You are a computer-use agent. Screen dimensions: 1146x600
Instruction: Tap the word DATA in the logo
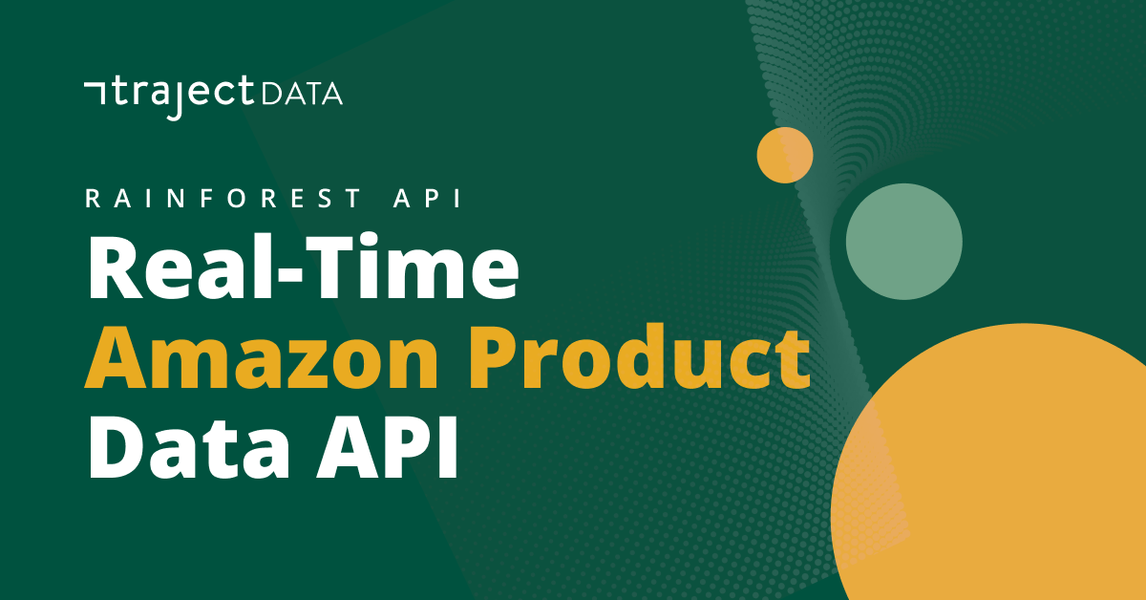point(302,95)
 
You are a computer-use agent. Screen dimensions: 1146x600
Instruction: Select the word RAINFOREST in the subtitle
point(223,198)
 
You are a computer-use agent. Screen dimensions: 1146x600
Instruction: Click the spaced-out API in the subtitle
point(428,198)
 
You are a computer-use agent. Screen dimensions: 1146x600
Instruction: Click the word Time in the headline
point(414,267)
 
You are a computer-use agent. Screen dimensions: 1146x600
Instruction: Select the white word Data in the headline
point(189,446)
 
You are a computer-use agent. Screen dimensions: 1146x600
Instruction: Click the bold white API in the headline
point(387,446)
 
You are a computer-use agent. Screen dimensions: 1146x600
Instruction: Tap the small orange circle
point(785,155)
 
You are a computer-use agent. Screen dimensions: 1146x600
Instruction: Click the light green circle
point(904,242)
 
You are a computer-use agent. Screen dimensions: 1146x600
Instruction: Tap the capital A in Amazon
point(117,358)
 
